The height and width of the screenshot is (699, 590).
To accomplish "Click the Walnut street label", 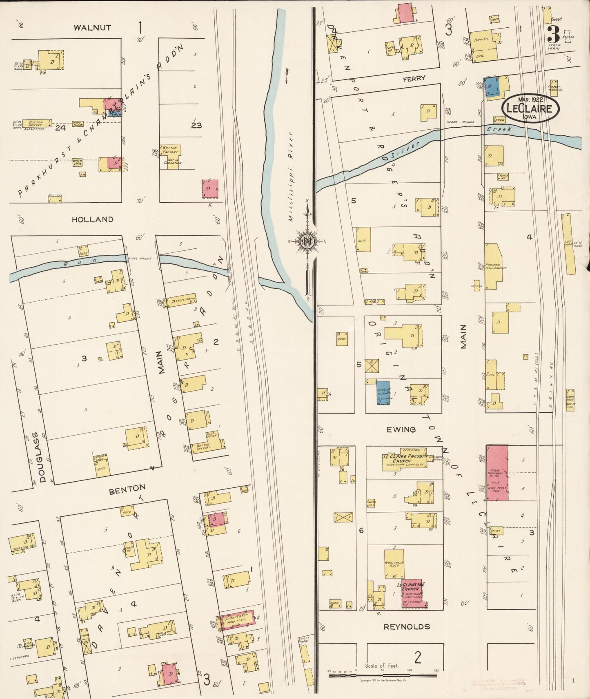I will point(92,28).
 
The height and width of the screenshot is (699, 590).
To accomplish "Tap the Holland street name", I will point(92,219).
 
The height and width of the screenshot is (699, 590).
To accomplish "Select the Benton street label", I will point(127,489).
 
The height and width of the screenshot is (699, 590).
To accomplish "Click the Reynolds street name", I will point(407,626).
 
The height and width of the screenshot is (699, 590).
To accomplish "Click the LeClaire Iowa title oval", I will point(530,108).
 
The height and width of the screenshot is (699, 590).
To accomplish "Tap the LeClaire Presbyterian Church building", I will point(403,462).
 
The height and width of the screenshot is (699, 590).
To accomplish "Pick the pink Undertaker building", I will point(238,620).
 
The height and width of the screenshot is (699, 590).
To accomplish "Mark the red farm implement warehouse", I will point(497,473).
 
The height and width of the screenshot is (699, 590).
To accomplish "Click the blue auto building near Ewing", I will point(383,393).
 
